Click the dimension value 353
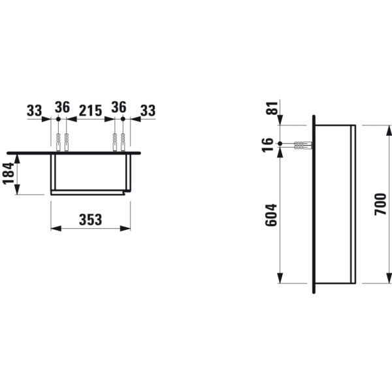[91, 220]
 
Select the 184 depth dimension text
[8, 174]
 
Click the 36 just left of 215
[62, 106]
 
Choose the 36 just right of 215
[118, 106]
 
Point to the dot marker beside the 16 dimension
[280, 143]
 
